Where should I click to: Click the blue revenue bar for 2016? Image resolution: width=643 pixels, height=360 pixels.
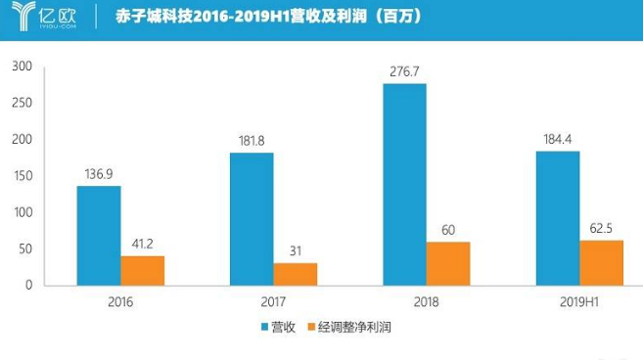[x=99, y=236]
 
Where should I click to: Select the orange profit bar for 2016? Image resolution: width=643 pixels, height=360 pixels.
[x=143, y=271]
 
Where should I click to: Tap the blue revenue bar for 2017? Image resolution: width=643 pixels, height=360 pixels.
[x=252, y=219]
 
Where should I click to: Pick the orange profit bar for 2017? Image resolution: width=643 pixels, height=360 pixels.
[x=296, y=274]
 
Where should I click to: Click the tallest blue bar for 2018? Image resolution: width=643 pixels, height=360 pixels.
[x=405, y=185]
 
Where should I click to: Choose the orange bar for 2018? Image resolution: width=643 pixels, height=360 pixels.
[x=448, y=264]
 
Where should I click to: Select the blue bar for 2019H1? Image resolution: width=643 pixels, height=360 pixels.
[x=558, y=218]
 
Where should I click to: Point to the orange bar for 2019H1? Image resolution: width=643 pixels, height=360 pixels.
[x=602, y=263]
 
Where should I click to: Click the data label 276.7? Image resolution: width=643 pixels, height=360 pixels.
[x=404, y=71]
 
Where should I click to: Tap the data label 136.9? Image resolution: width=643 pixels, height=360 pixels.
[x=99, y=174]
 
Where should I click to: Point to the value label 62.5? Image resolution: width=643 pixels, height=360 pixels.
[x=601, y=228]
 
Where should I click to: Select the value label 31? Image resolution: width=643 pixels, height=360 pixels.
[x=296, y=250]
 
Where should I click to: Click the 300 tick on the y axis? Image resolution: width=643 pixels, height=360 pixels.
[x=23, y=66]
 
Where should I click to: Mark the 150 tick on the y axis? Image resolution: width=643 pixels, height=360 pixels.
[x=23, y=175]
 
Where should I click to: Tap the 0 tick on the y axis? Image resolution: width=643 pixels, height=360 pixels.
[x=28, y=285]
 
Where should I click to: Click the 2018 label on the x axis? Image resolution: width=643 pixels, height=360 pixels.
[x=426, y=302]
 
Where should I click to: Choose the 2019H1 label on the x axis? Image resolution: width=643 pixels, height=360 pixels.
[x=579, y=302]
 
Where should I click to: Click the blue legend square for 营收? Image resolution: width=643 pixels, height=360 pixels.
[x=265, y=327]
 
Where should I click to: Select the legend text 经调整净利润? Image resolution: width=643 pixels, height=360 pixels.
[x=354, y=327]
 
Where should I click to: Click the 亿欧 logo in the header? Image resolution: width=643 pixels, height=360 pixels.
[x=44, y=16]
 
